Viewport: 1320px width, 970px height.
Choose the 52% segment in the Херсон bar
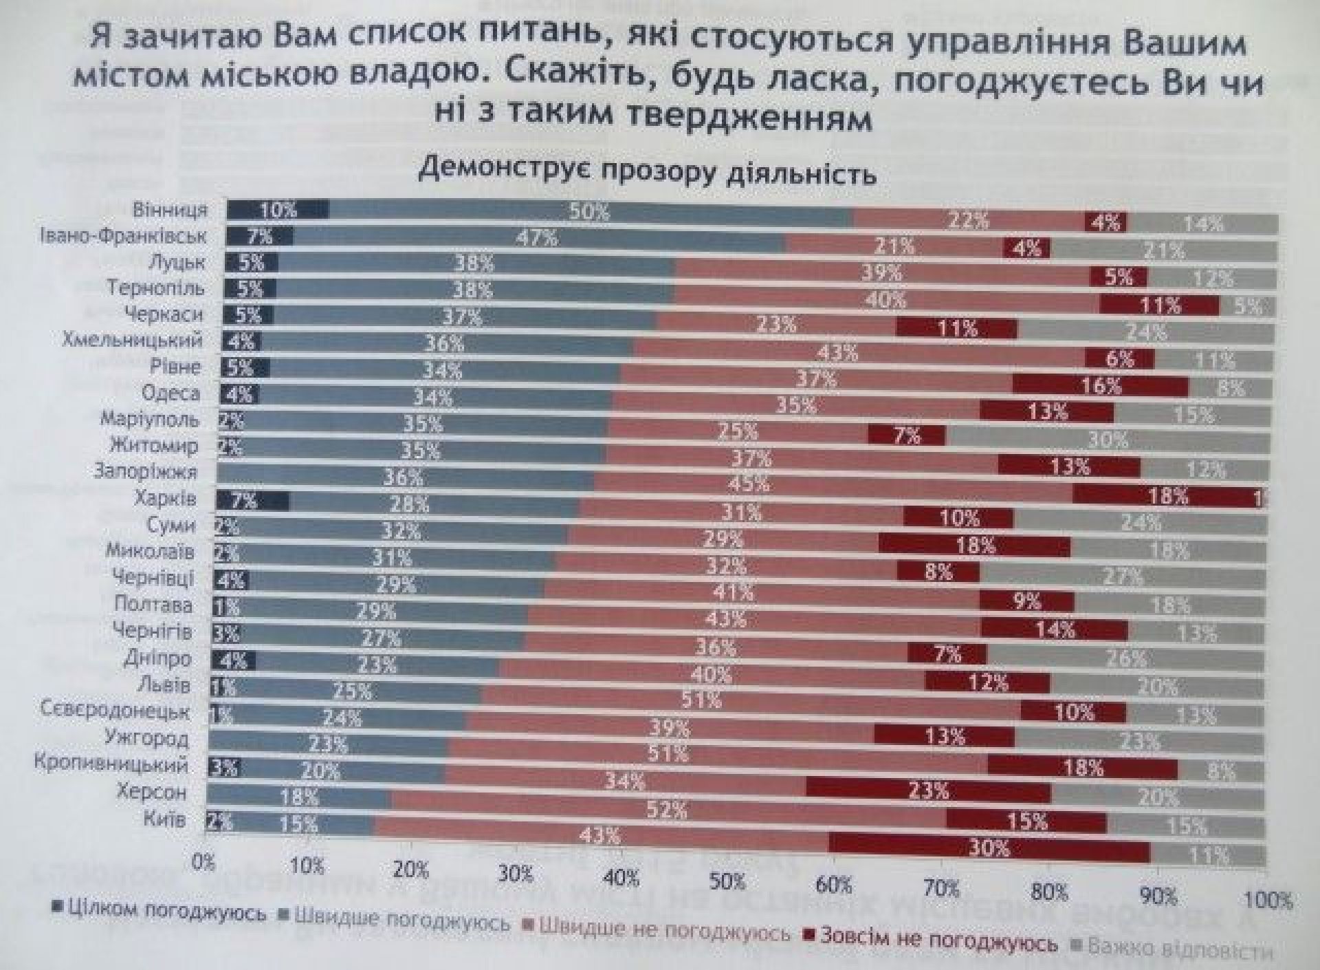pyautogui.click(x=667, y=810)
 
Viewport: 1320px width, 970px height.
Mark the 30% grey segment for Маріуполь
pyautogui.click(x=1107, y=439)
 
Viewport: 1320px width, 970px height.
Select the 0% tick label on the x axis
pyautogui.click(x=203, y=863)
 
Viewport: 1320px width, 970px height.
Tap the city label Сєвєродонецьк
pyautogui.click(x=115, y=710)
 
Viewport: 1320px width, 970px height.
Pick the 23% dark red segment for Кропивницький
pyautogui.click(x=928, y=790)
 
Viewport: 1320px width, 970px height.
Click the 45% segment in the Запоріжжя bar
pyautogui.click(x=749, y=484)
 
